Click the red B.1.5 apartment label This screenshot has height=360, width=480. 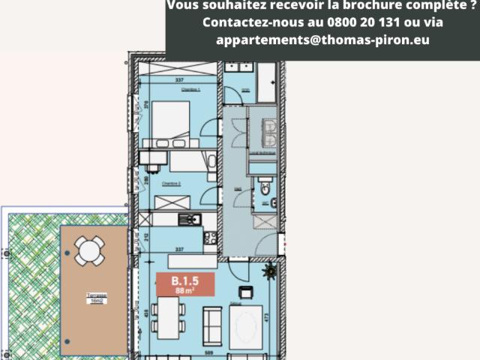tap(184, 286)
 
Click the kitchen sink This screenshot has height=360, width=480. tap(190, 219)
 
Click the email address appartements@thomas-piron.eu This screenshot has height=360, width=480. tap(322, 40)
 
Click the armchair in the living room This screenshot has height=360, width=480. tap(244, 292)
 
